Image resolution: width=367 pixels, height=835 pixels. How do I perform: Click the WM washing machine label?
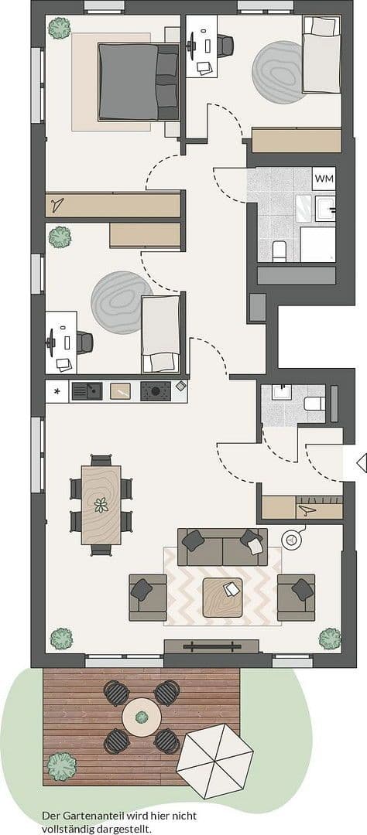(x=324, y=179)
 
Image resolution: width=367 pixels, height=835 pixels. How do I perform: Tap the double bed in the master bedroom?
(x=137, y=81)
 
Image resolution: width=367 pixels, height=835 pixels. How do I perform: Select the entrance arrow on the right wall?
(x=361, y=463)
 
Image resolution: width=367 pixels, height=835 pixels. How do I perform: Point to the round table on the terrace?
(x=142, y=717)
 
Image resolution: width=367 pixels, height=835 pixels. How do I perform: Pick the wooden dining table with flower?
(x=101, y=504)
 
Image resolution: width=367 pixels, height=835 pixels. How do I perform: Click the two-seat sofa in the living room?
(x=222, y=547)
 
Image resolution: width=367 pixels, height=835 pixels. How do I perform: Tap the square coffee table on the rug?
(x=222, y=596)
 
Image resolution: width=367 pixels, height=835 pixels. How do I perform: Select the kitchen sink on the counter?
(x=86, y=391)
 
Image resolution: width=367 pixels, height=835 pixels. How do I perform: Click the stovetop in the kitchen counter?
(x=155, y=391)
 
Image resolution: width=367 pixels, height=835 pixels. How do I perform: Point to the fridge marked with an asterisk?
(x=57, y=391)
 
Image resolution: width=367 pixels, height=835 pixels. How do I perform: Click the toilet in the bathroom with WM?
(x=280, y=250)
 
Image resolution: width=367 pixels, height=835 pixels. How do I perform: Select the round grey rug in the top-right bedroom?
(x=278, y=72)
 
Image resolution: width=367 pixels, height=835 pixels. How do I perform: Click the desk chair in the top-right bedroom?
(x=225, y=45)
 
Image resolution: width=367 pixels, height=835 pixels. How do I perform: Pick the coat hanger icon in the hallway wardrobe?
(x=307, y=508)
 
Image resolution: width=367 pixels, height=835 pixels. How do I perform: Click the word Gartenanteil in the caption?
(x=98, y=816)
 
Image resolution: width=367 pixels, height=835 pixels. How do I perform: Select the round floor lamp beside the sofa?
(x=292, y=540)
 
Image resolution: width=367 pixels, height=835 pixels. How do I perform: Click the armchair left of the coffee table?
(x=147, y=597)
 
